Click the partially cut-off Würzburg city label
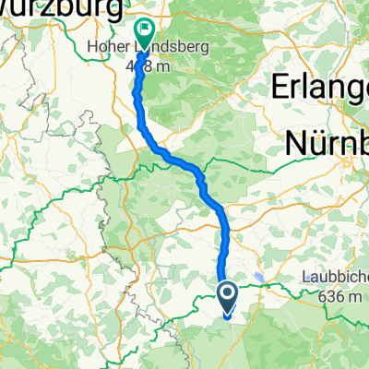[61, 9]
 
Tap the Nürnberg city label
[327, 143]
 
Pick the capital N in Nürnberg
[297, 143]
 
